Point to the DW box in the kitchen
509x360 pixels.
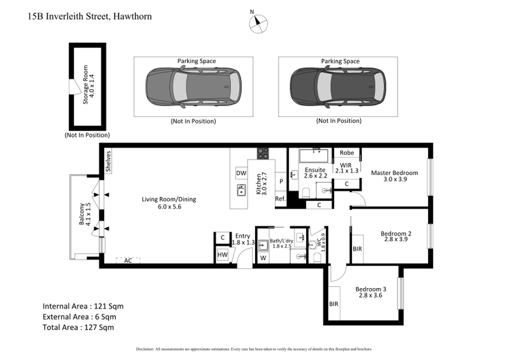tap(241, 173)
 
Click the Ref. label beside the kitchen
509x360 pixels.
tap(280, 199)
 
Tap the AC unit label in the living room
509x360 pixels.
tap(129, 261)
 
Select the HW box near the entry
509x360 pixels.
tap(221, 255)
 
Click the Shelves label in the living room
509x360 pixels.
tap(109, 161)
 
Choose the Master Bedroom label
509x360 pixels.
tap(394, 173)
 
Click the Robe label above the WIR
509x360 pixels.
tap(347, 153)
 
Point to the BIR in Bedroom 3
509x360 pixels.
tap(334, 305)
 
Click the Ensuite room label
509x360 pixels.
tap(315, 170)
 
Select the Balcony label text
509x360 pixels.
tap(82, 214)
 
